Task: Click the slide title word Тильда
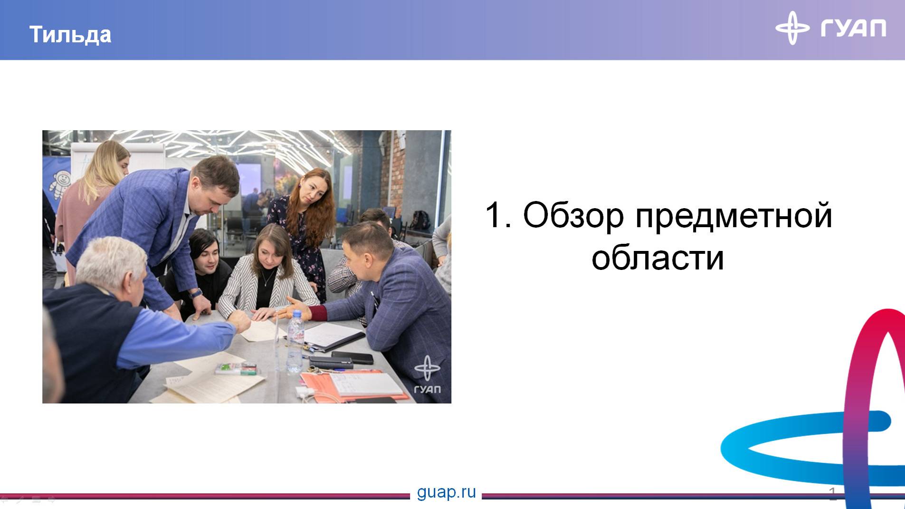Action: point(70,35)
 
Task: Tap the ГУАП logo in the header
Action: point(830,28)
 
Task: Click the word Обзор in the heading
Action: point(573,215)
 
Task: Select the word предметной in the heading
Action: point(734,215)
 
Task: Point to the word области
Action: point(657,258)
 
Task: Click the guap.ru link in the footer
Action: point(446,492)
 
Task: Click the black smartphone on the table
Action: point(352,357)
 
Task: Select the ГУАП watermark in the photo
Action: point(426,375)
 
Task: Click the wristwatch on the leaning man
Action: point(196,294)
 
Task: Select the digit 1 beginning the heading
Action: point(494,215)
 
